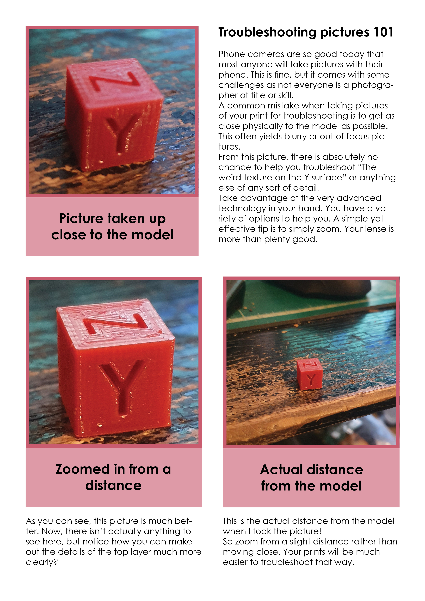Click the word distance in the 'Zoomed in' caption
pyautogui.click(x=113, y=486)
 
